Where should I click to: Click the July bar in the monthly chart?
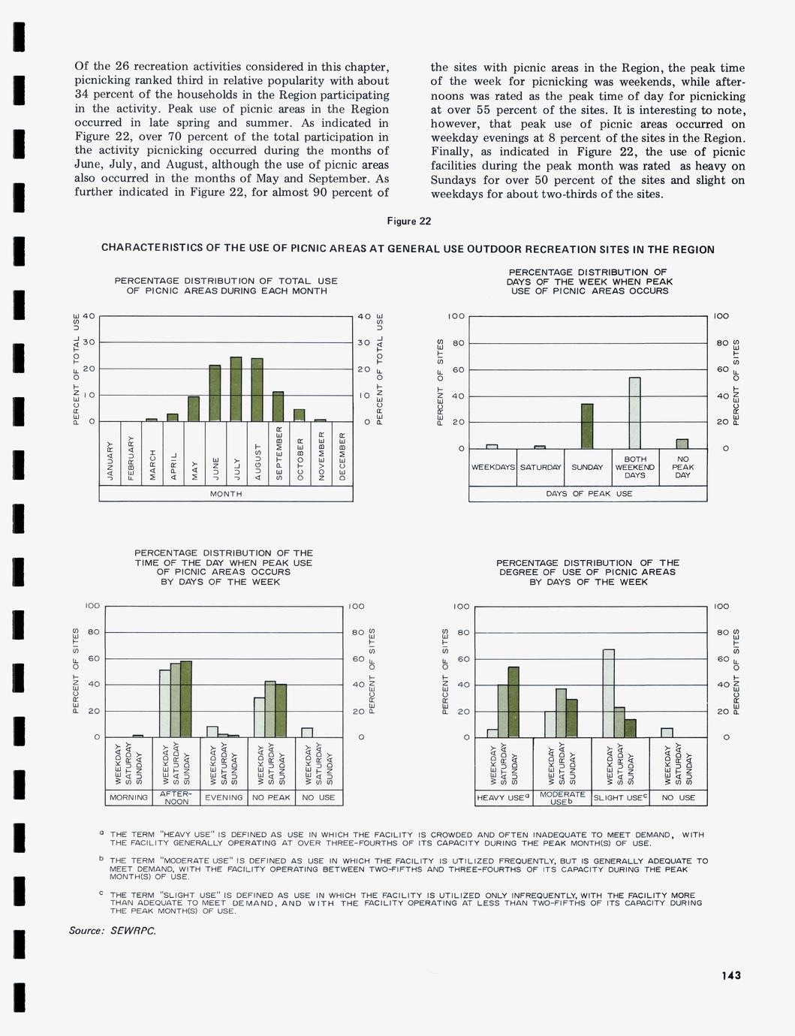click(236, 389)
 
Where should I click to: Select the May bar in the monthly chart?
click(194, 409)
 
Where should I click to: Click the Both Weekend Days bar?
click(634, 413)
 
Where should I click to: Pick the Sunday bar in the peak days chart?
click(587, 426)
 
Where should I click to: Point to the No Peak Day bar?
click(682, 444)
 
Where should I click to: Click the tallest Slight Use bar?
click(609, 693)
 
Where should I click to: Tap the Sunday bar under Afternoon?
click(186, 699)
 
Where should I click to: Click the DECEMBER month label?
click(342, 456)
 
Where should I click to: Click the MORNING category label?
click(128, 797)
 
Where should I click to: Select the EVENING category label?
click(224, 797)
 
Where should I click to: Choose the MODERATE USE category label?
click(562, 797)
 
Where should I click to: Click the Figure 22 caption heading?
click(409, 221)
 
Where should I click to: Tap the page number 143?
click(731, 975)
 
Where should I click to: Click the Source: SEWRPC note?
click(113, 931)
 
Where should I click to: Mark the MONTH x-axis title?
click(226, 494)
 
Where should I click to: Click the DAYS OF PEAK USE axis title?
click(588, 494)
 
